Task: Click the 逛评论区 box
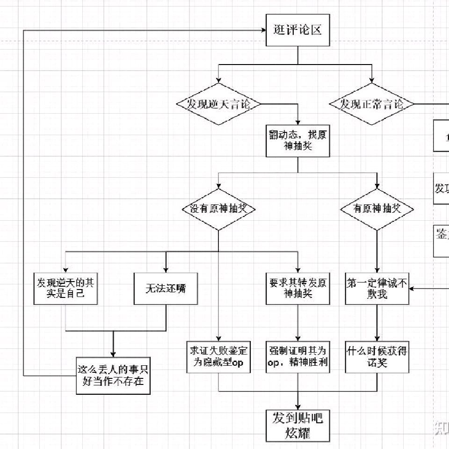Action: (x=298, y=30)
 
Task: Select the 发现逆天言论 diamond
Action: (x=218, y=104)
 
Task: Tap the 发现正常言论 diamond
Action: (x=372, y=104)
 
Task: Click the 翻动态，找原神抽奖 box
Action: (x=298, y=141)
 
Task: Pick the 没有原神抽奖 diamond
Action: (x=218, y=209)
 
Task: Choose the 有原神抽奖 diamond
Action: (x=377, y=209)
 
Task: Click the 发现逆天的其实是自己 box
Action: (x=65, y=289)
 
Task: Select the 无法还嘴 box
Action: (x=166, y=289)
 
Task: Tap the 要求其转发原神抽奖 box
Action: (x=298, y=289)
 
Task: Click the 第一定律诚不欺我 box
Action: (x=377, y=289)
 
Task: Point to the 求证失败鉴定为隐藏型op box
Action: (x=218, y=357)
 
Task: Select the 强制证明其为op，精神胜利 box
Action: (x=298, y=357)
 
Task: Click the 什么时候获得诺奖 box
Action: (x=377, y=357)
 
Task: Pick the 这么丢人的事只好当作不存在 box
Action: (x=113, y=376)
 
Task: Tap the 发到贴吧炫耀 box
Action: (x=298, y=425)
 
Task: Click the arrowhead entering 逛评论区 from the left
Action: (x=263, y=30)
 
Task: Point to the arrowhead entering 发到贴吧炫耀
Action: (x=298, y=406)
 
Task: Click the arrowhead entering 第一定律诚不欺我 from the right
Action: (x=412, y=289)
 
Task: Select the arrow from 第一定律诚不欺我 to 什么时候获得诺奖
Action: (x=377, y=323)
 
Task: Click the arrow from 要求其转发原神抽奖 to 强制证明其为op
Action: (x=298, y=323)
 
